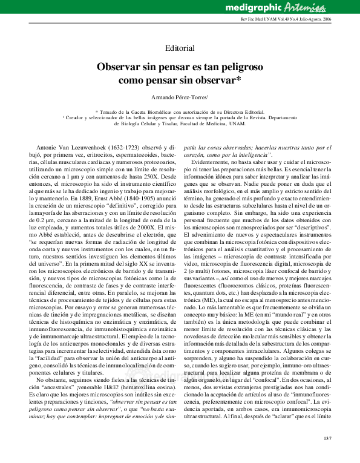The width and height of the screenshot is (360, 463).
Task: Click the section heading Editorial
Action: pos(180,48)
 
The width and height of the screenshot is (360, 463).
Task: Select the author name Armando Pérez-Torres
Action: pos(179,97)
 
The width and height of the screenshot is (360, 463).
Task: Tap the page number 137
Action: pos(329,438)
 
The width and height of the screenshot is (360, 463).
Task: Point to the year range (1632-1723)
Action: pos(124,147)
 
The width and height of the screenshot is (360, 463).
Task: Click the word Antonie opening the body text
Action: pos(48,147)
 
